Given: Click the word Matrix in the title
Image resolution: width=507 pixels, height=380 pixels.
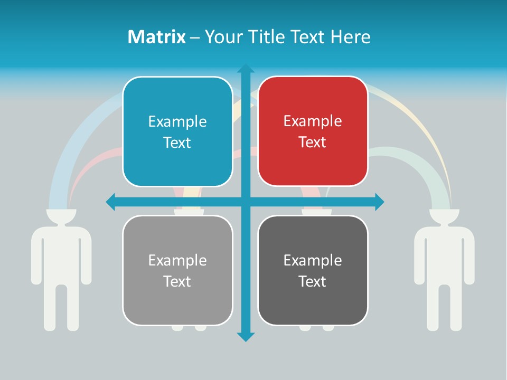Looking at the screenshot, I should (156, 37).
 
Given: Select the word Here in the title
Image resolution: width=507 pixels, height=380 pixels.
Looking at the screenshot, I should (350, 37).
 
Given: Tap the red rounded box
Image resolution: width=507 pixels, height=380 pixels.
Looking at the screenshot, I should (313, 131).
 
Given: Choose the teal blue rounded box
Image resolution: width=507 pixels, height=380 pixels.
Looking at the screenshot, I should (177, 131).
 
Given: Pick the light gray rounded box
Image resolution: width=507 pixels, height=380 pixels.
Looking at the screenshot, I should (177, 270).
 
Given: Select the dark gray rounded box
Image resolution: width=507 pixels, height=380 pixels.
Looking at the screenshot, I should (313, 270).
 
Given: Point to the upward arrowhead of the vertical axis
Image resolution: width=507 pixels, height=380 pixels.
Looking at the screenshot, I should (246, 69).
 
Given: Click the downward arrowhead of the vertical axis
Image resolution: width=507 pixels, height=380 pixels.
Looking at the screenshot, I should (246, 336).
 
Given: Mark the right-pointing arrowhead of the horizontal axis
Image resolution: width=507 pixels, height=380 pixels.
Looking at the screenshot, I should (379, 202).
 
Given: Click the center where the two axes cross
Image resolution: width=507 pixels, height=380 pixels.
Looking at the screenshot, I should (246, 202).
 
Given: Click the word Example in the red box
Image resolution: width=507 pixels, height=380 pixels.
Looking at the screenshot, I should (313, 121).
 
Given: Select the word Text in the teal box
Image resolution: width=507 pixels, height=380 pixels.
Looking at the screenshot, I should (177, 142).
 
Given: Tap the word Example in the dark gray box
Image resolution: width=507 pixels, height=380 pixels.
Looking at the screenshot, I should (313, 260).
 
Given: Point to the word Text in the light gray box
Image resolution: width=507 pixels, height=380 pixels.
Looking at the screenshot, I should (177, 281).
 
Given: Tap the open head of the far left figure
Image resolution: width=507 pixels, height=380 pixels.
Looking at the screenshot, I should (61, 216).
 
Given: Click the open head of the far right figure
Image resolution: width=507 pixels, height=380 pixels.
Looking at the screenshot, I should (444, 216).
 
